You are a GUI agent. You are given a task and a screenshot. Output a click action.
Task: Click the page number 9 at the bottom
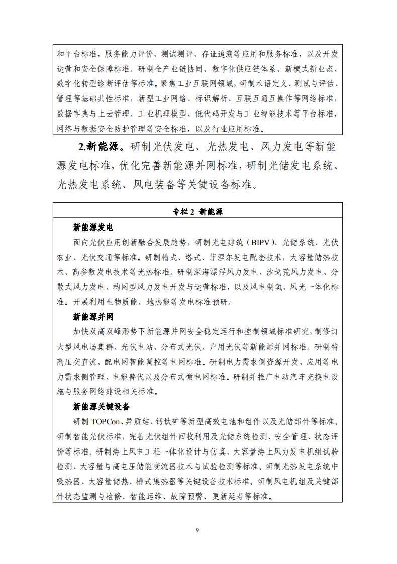point(197,530)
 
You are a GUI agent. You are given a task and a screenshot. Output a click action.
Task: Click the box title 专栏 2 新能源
point(197,212)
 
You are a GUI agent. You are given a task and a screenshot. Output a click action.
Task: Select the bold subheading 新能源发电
point(93,228)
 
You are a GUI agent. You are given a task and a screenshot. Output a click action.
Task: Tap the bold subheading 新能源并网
point(93,317)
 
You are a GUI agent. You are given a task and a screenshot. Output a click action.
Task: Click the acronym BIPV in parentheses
point(258,243)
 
